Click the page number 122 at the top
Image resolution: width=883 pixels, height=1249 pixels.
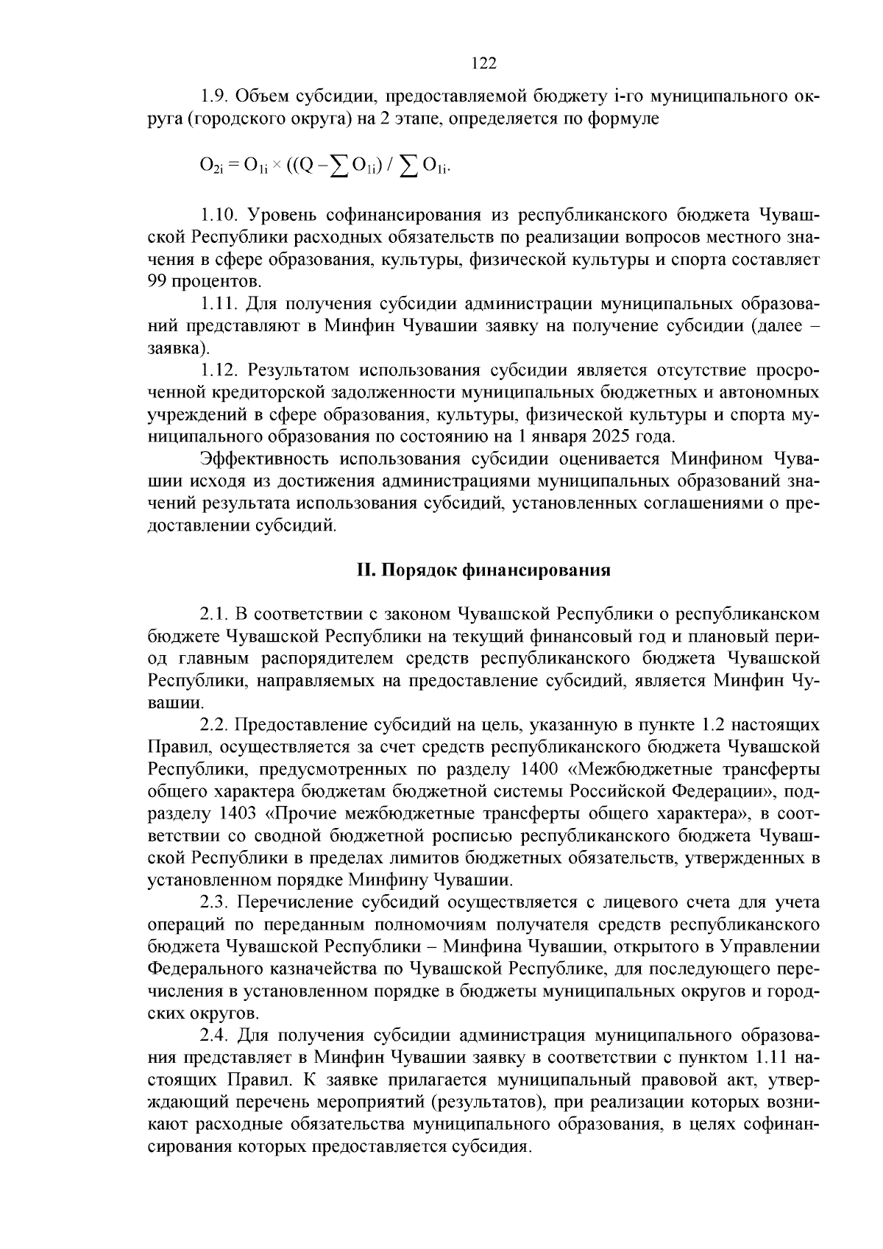[x=483, y=63]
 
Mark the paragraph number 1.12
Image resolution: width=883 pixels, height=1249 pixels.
[x=219, y=369]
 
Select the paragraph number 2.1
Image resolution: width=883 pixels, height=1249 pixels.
[x=214, y=614]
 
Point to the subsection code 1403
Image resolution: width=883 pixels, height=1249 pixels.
[x=238, y=814]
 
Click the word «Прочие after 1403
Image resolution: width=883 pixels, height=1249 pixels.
[x=295, y=814]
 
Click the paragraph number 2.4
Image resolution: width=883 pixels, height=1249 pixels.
[x=214, y=1036]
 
